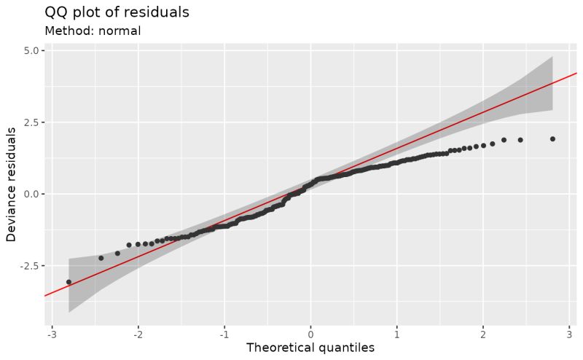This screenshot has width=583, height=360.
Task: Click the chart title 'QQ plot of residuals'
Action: click(x=117, y=12)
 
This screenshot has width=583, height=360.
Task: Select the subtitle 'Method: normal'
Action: click(x=93, y=31)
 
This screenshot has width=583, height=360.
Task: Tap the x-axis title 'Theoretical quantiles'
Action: click(x=310, y=348)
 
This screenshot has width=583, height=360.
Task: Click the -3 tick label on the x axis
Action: click(x=50, y=333)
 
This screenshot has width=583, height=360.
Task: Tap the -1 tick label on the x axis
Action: click(x=223, y=333)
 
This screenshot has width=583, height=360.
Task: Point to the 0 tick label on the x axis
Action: click(x=311, y=333)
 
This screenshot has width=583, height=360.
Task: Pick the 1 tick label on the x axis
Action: click(x=397, y=333)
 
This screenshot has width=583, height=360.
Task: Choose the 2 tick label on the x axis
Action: click(x=483, y=333)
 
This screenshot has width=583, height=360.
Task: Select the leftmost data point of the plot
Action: click(x=69, y=282)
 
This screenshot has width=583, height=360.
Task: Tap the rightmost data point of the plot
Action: click(x=552, y=138)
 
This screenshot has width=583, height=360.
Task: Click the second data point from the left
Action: click(x=101, y=258)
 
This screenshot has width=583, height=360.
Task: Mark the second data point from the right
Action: click(x=520, y=140)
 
